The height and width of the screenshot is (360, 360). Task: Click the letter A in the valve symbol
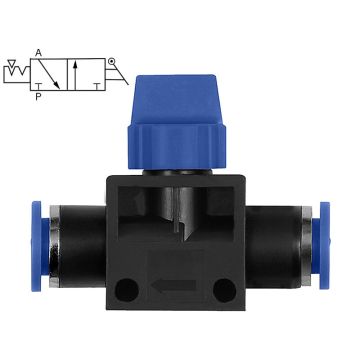point(38,53)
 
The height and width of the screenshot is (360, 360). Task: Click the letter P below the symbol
point(38,97)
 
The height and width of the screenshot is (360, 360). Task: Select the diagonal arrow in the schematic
point(49,74)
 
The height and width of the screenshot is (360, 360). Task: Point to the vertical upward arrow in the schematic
point(75,75)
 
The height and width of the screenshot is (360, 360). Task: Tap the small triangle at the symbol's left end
point(12,63)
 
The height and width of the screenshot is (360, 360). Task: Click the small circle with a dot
point(111,61)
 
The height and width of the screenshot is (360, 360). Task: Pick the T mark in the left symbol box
point(39,87)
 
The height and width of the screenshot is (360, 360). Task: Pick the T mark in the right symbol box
point(97,87)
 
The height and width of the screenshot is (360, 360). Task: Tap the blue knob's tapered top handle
point(177,99)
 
